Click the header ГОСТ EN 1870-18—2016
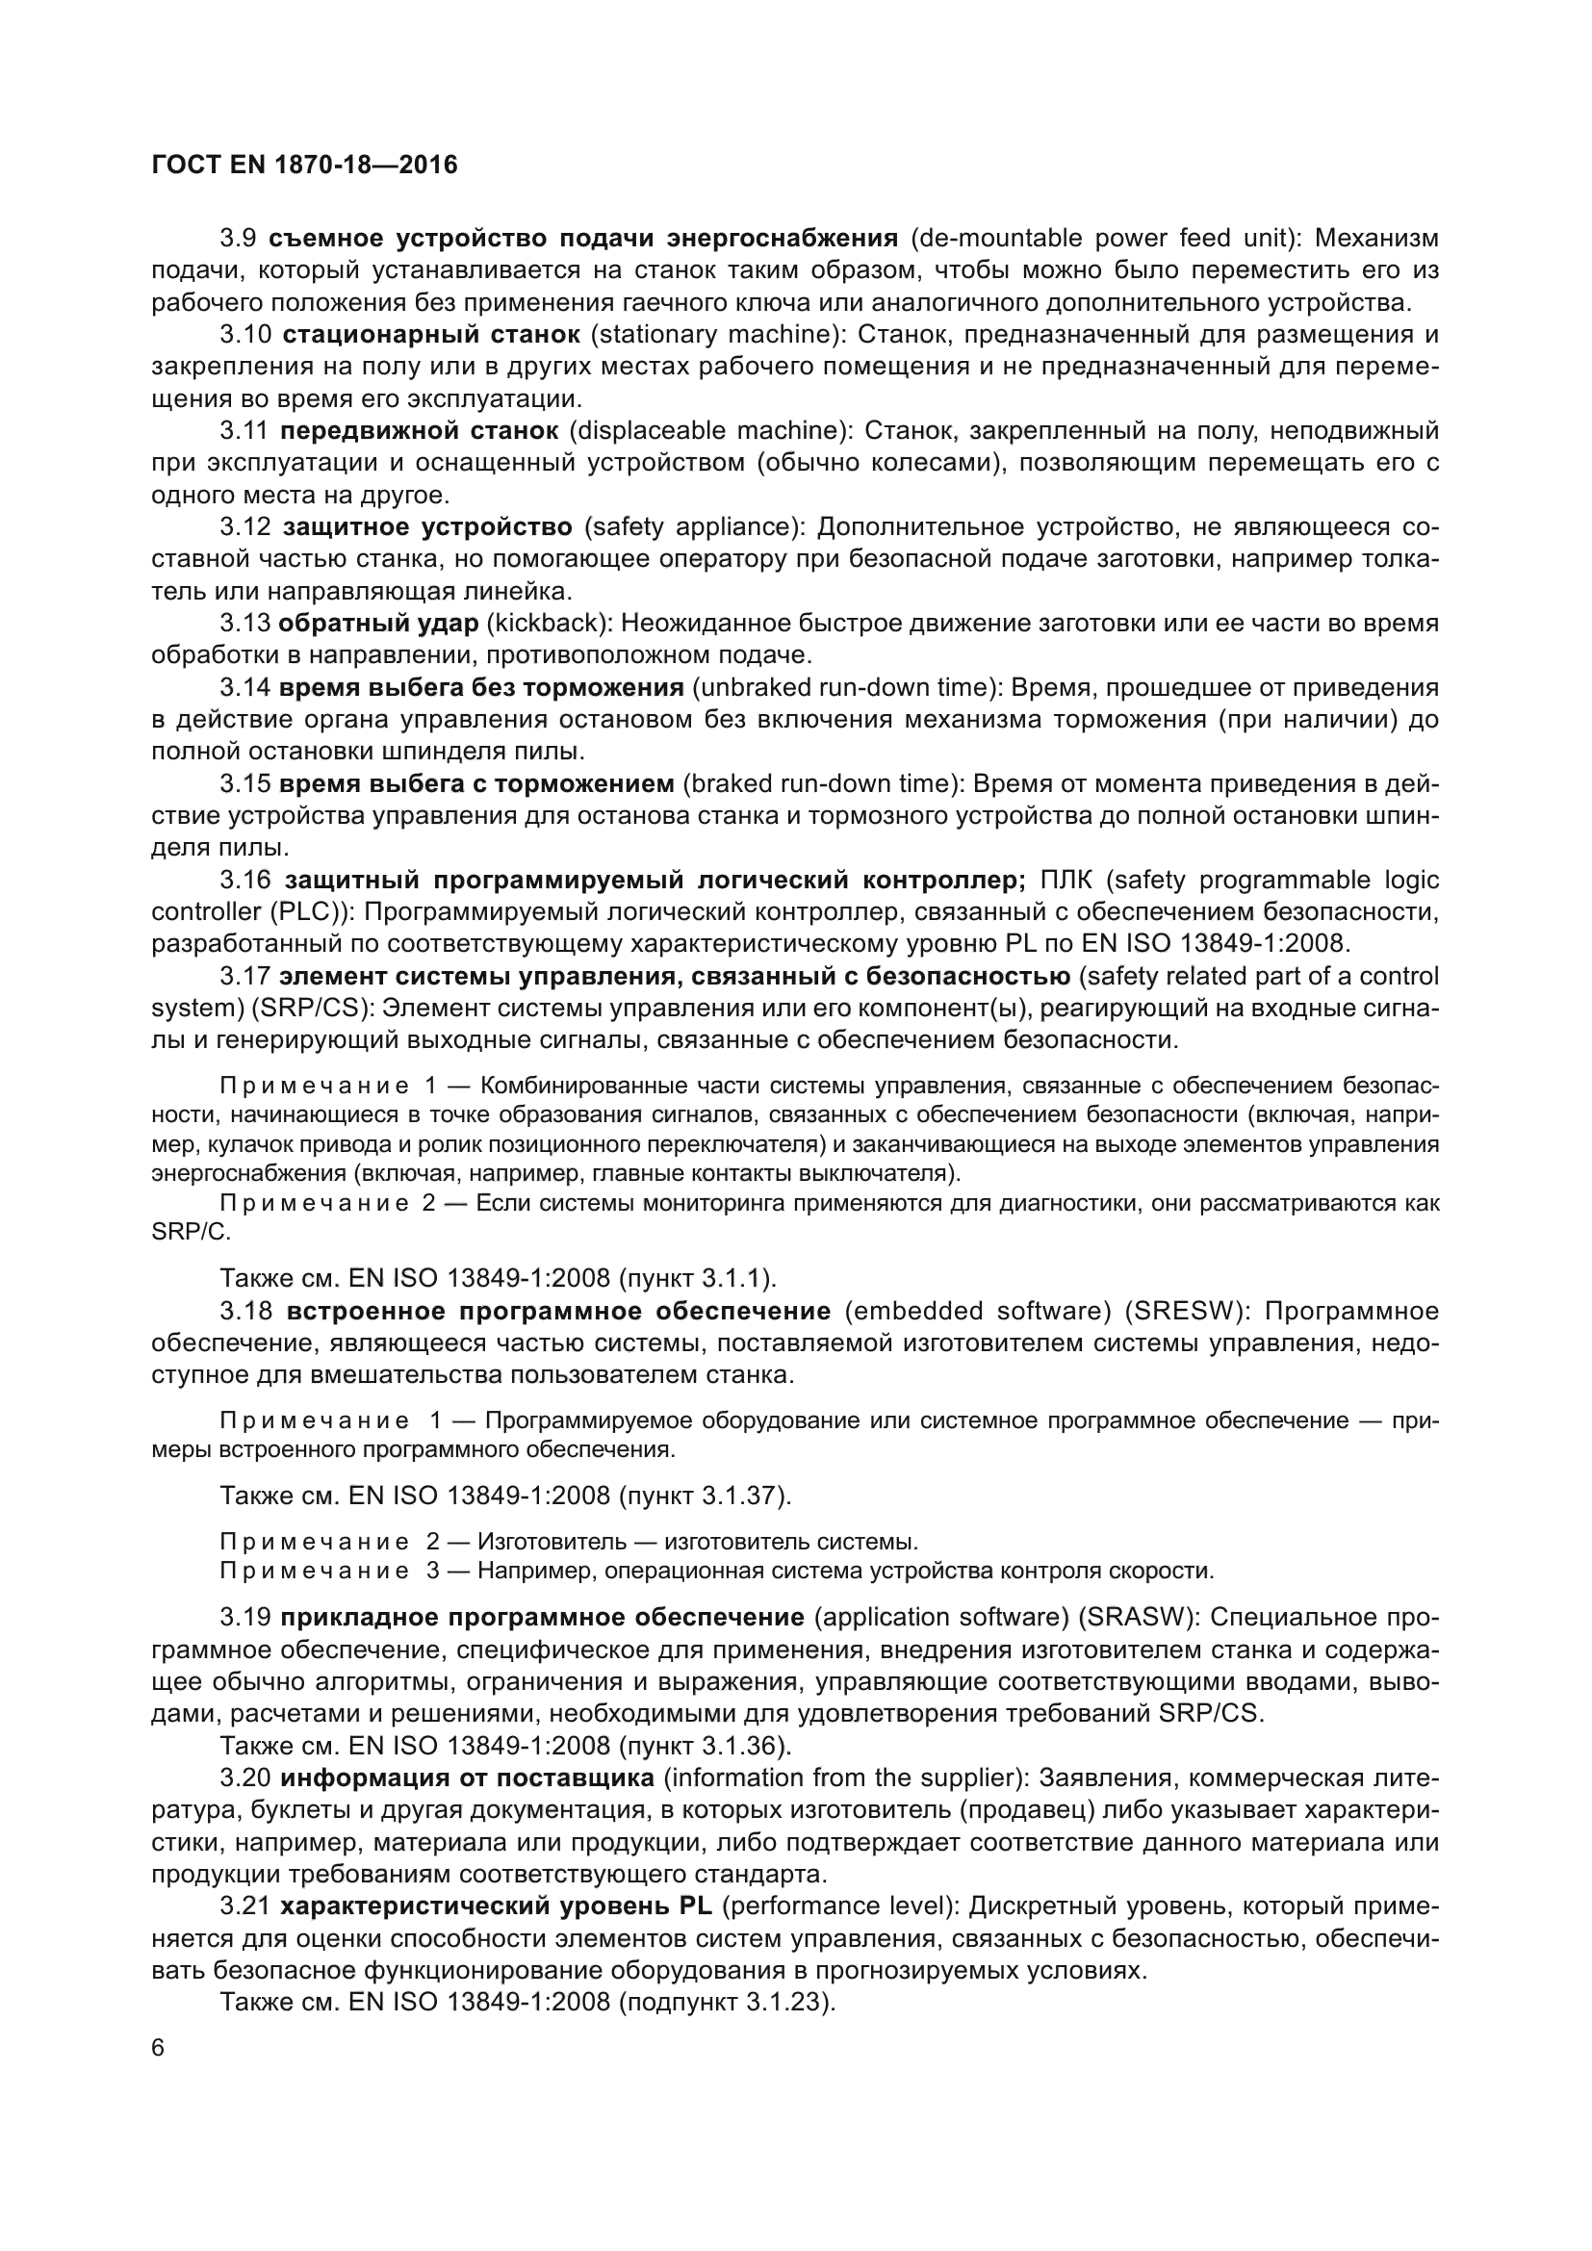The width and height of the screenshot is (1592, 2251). coord(305,165)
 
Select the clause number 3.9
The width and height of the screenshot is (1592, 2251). coord(238,239)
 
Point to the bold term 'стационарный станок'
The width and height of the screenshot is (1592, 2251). coord(431,334)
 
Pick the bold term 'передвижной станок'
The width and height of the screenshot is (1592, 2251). coord(420,430)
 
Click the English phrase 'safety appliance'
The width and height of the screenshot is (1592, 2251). coord(693,527)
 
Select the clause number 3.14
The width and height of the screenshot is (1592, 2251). coord(245,687)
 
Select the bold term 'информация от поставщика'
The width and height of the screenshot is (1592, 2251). coord(468,1778)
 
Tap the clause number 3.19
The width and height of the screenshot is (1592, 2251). coord(245,1618)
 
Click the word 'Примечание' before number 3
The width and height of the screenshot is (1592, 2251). coord(315,1572)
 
